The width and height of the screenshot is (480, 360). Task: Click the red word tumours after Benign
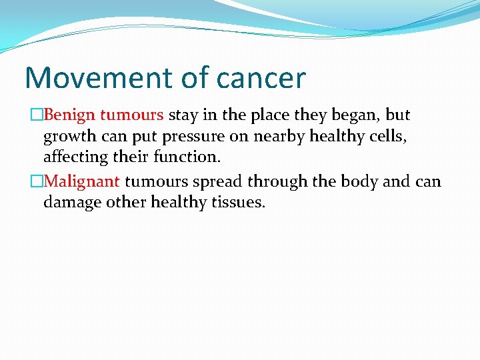(x=132, y=115)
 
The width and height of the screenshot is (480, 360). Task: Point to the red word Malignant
(x=82, y=181)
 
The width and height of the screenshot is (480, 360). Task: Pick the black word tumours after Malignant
(x=156, y=181)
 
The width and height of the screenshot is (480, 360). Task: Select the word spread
(x=218, y=181)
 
